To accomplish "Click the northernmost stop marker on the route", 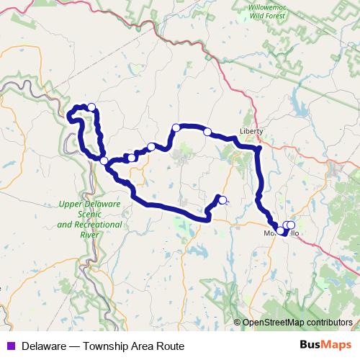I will tap(91, 107).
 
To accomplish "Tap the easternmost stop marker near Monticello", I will tap(291, 225).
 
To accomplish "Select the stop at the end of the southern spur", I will tap(222, 200).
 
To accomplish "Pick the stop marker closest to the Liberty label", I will tap(207, 132).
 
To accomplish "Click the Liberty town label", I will tap(251, 132).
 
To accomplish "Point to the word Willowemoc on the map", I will tap(283, 15).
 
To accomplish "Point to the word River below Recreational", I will tap(91, 235).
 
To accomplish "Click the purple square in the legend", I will tap(12, 346).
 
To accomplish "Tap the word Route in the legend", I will tap(169, 346).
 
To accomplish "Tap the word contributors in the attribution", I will tap(330, 323).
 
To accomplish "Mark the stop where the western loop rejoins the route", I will tap(104, 161).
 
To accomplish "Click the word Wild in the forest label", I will tap(271, 24).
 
